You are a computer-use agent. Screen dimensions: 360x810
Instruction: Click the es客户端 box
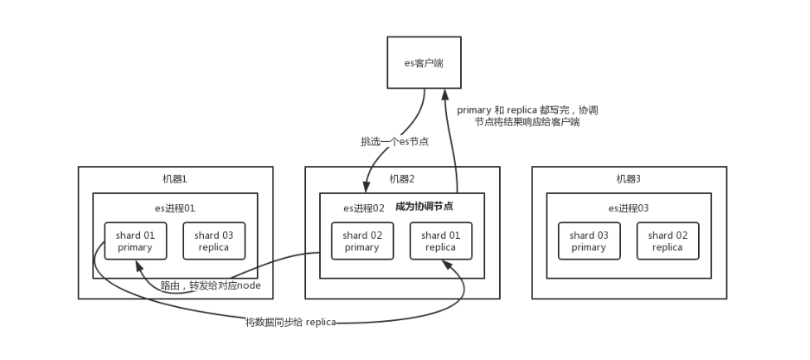point(424,61)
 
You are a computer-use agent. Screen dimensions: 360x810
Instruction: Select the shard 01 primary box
point(135,241)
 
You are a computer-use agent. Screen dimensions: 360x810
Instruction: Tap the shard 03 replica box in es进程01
point(213,241)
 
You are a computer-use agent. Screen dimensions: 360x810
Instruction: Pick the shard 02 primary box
point(362,241)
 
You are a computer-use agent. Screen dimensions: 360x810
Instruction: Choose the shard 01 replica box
point(440,241)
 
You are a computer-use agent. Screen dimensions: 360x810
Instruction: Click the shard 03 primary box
point(589,241)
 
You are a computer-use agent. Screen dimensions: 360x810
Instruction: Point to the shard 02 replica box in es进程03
point(667,241)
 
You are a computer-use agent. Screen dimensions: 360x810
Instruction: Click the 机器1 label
point(175,179)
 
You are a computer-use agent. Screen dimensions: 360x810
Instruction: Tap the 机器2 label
point(402,179)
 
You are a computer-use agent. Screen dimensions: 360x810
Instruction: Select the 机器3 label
point(629,179)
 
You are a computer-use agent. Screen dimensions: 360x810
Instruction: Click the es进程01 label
point(175,207)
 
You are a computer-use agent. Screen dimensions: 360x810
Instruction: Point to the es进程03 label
point(629,207)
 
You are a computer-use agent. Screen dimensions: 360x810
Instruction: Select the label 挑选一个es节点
point(395,142)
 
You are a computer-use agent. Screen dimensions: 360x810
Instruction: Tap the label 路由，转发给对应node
point(211,285)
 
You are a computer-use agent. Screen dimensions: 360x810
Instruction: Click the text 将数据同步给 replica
point(290,322)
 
